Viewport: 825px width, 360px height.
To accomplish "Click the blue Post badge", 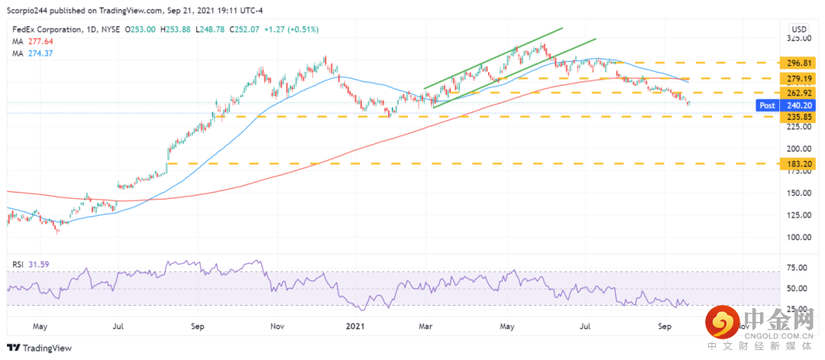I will pos(768,105).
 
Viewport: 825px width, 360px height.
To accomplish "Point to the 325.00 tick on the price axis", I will pos(799,38).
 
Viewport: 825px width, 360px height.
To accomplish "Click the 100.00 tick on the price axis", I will pos(799,237).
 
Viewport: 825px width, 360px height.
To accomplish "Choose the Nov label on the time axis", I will pos(278,326).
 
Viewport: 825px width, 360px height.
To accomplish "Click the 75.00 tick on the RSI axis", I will pos(799,268).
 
